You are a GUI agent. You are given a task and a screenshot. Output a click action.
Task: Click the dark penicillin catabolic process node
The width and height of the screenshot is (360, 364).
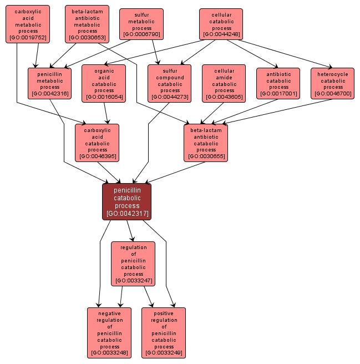(126, 201)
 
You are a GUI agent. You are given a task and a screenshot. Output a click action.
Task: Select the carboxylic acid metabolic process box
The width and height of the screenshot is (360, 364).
(27, 24)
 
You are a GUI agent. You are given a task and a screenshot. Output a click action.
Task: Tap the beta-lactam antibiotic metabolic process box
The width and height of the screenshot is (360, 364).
(87, 24)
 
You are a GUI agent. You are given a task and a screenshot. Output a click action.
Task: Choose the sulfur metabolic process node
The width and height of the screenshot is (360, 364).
(141, 24)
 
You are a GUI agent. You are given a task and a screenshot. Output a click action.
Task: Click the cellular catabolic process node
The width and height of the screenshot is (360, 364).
(221, 24)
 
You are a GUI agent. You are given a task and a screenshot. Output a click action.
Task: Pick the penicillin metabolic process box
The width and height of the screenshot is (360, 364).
(49, 83)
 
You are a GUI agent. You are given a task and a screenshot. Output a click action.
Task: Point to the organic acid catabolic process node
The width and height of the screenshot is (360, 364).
(104, 83)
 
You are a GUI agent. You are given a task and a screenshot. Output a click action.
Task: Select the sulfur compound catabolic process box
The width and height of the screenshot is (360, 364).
(169, 83)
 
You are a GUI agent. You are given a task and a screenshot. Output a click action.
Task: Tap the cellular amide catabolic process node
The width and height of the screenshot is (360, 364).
(224, 83)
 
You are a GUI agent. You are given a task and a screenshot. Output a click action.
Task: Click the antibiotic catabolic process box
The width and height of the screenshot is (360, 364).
(278, 83)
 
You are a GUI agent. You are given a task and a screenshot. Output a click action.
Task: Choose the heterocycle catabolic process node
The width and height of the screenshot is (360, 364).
(333, 83)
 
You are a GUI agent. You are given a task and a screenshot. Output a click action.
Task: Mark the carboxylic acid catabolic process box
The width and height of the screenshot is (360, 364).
(97, 143)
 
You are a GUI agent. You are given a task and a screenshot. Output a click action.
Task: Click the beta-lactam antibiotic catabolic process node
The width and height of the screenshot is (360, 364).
(206, 143)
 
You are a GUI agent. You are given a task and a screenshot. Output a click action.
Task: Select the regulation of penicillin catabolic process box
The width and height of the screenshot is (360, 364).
(133, 264)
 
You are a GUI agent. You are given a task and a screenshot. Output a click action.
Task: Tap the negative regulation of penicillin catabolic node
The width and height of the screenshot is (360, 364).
(109, 332)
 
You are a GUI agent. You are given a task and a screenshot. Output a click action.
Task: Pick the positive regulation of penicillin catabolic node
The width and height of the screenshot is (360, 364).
(164, 332)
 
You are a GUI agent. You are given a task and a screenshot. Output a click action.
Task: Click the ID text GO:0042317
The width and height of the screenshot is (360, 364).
(126, 213)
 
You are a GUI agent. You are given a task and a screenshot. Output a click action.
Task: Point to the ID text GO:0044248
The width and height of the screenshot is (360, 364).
(221, 34)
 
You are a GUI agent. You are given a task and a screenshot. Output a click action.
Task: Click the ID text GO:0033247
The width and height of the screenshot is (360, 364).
(133, 280)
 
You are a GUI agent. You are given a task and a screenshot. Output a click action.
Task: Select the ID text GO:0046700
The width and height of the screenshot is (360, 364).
(333, 94)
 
